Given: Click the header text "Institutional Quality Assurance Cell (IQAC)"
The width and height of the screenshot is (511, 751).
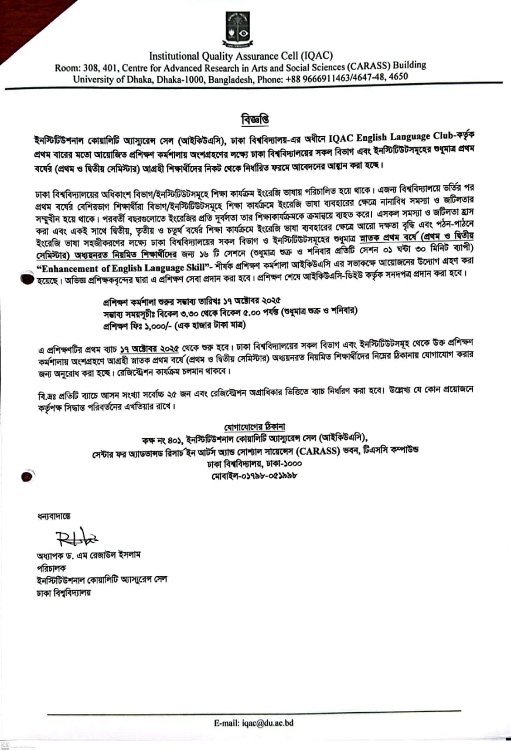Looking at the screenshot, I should [241, 56].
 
